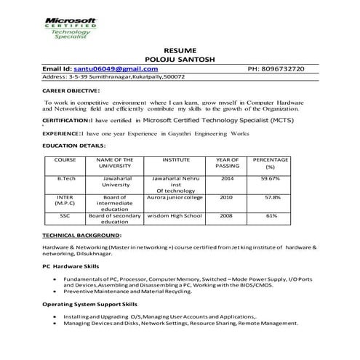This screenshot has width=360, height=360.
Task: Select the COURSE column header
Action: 65,159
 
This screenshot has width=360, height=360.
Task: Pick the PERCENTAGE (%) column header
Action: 271,162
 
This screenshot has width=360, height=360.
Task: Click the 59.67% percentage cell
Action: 271,177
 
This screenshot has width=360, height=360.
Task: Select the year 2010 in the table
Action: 227,197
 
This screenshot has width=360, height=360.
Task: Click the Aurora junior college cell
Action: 177,197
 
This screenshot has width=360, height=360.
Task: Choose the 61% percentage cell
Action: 271,216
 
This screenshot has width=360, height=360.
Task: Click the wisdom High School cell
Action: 177,216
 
